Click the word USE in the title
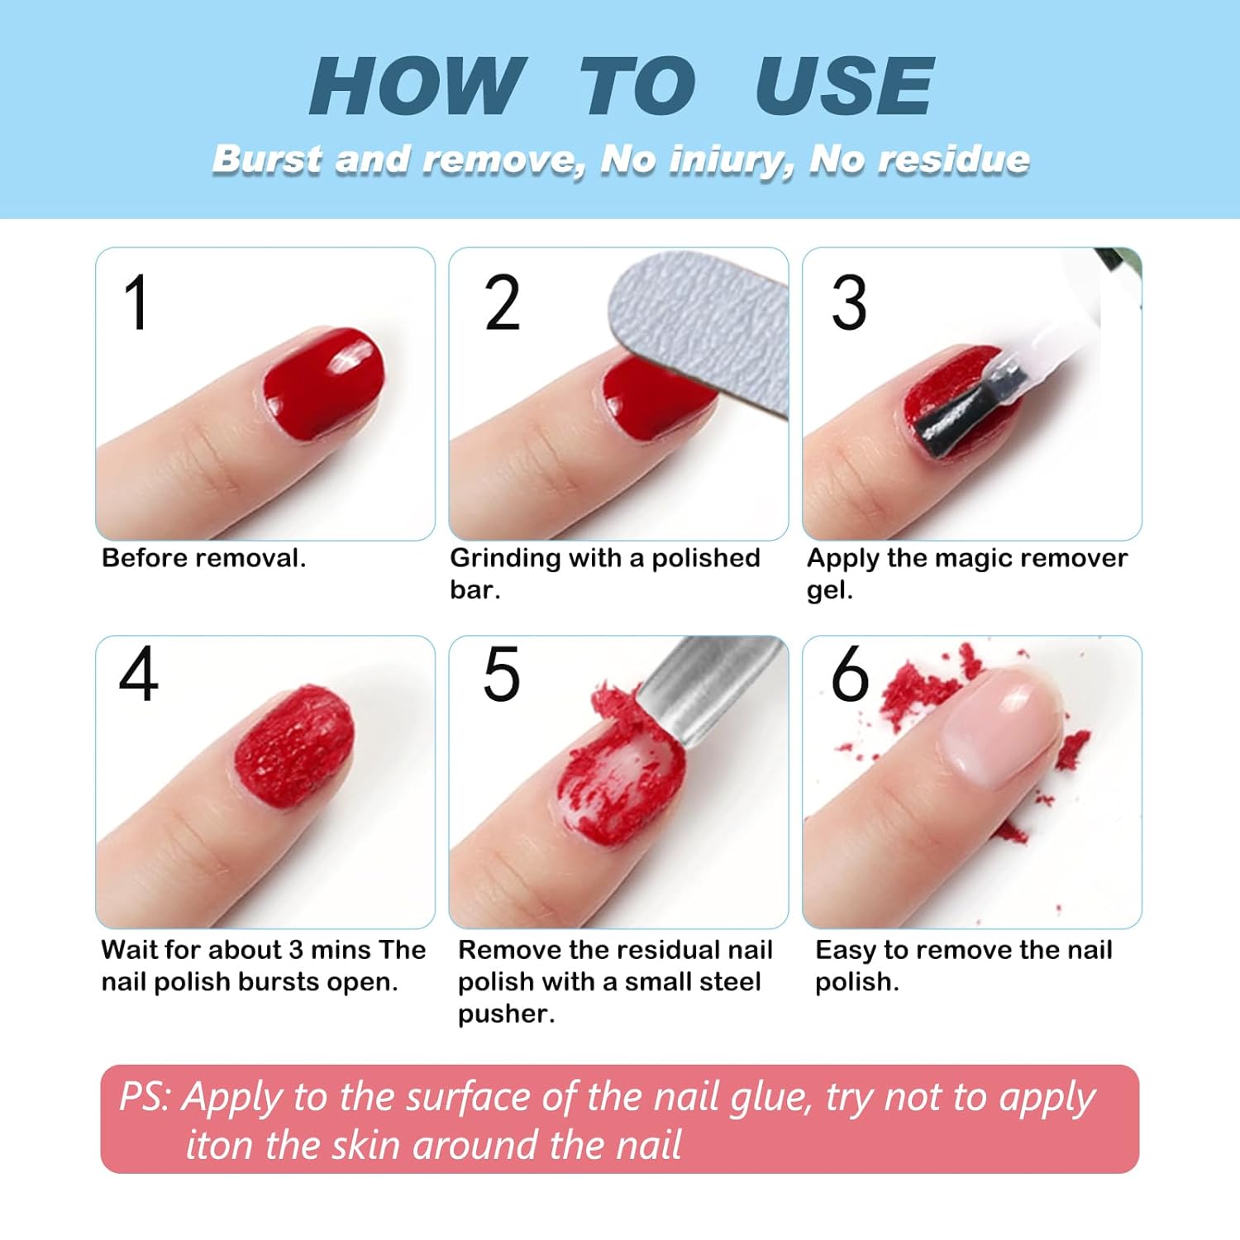(844, 87)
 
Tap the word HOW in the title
(417, 87)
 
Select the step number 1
(136, 303)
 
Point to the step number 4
(138, 675)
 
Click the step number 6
(850, 675)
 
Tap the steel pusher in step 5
(703, 686)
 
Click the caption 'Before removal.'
(203, 558)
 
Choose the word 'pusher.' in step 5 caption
(506, 1013)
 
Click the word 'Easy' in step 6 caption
(845, 951)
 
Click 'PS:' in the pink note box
(145, 1097)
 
